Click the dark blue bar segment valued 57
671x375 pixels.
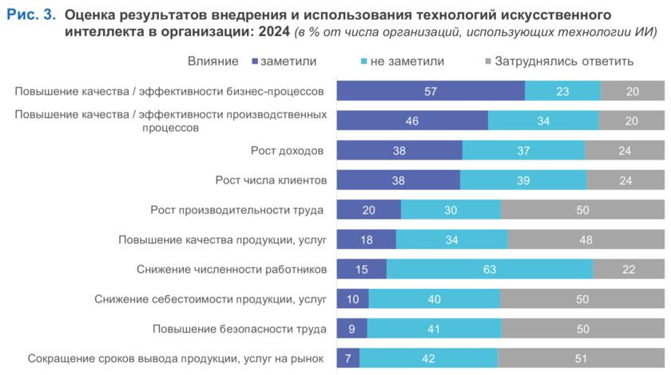point(431,91)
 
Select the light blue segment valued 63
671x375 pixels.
point(490,270)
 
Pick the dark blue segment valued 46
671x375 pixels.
point(412,120)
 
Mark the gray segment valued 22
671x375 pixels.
point(628,270)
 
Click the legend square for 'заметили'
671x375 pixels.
point(255,61)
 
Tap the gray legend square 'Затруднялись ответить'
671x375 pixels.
point(488,61)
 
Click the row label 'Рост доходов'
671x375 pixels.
point(288,150)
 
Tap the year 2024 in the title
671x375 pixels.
point(272,32)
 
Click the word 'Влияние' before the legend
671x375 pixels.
point(213,61)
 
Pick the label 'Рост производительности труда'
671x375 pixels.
point(237,210)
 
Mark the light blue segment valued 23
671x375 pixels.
point(562,91)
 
